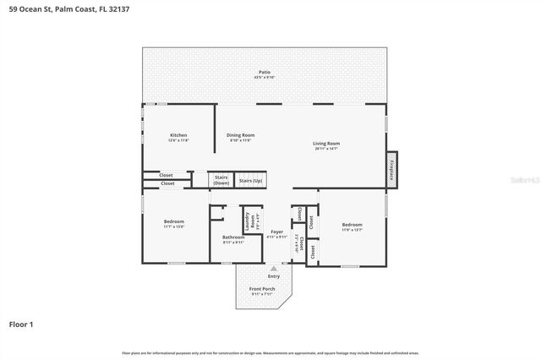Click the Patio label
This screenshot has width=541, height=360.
(x=264, y=72)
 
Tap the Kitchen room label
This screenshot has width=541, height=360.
(x=178, y=135)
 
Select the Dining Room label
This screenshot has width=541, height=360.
(x=240, y=135)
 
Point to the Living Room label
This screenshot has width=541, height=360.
(x=326, y=144)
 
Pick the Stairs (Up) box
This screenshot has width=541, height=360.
(x=250, y=180)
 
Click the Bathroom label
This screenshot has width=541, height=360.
(x=233, y=237)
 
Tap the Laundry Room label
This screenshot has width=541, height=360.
(x=248, y=221)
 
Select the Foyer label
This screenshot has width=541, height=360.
(x=276, y=232)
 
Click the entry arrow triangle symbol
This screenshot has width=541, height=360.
(x=273, y=268)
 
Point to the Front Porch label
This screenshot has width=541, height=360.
(x=261, y=289)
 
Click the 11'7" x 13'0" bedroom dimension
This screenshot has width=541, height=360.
(x=173, y=226)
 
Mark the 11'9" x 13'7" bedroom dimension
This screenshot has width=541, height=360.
(x=351, y=229)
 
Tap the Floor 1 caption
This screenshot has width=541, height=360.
(x=20, y=324)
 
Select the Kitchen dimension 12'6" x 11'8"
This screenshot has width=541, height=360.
(x=178, y=140)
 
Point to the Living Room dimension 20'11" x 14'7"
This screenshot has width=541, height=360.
(x=326, y=149)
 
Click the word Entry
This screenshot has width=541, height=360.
(x=273, y=276)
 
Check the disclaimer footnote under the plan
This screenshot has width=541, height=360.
(x=270, y=352)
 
